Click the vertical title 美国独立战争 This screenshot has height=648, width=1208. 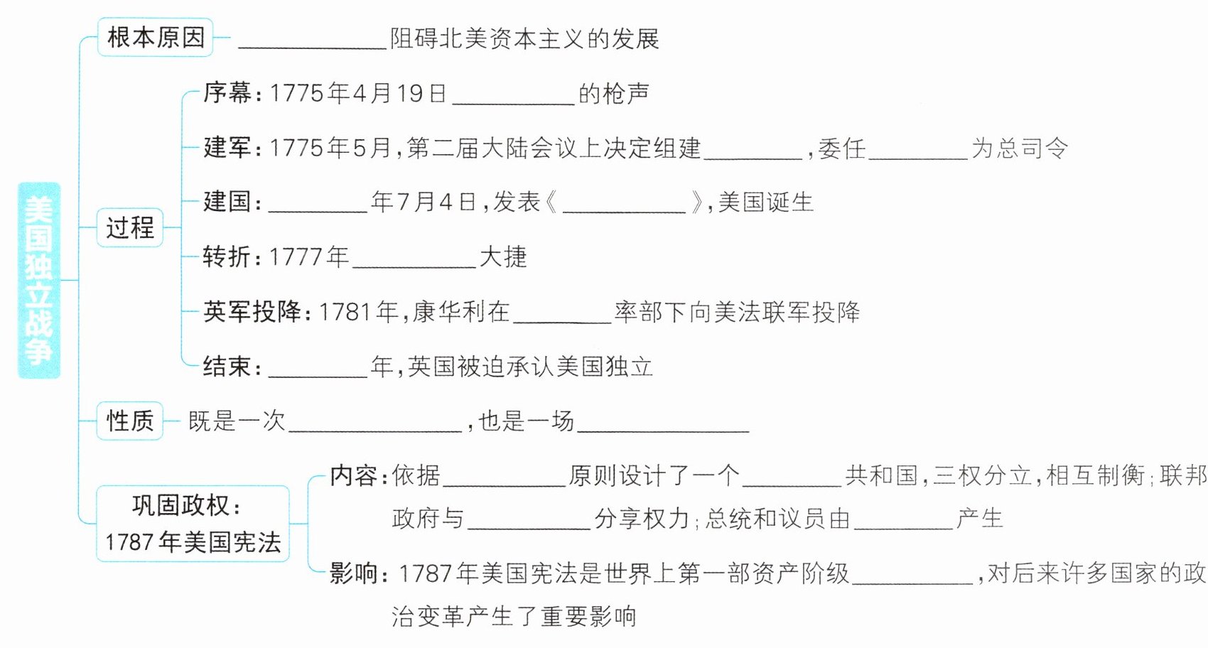[39, 280]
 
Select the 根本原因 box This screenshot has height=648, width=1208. [156, 38]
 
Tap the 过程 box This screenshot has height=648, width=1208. [130, 227]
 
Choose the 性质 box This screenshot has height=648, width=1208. [130, 421]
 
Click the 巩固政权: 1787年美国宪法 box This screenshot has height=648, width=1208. [193, 524]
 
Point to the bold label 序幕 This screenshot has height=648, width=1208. [227, 93]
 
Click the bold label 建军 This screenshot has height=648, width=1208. [227, 148]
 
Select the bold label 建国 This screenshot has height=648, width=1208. [227, 202]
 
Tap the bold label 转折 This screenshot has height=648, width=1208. [227, 256]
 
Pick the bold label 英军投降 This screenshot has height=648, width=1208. [252, 312]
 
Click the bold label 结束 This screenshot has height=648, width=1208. [227, 367]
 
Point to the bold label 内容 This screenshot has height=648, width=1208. [353, 475]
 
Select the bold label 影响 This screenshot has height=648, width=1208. [353, 573]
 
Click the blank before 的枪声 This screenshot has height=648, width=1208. [513, 96]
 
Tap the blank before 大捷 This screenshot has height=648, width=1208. [414, 259]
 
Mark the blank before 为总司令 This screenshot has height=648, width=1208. [917, 151]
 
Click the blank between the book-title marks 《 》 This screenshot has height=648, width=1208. [625, 204]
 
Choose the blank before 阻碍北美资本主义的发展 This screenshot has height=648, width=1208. [312, 40]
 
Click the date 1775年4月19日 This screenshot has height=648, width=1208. [358, 93]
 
